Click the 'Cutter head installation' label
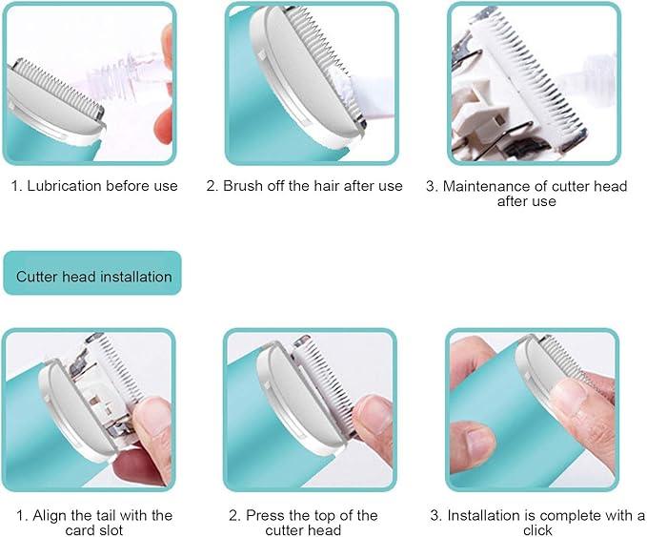point(93,277)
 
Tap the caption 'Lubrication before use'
point(94,186)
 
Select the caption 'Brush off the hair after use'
point(304,186)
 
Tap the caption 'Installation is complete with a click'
point(536,523)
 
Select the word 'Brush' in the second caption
point(243,186)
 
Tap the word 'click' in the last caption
point(536,530)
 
